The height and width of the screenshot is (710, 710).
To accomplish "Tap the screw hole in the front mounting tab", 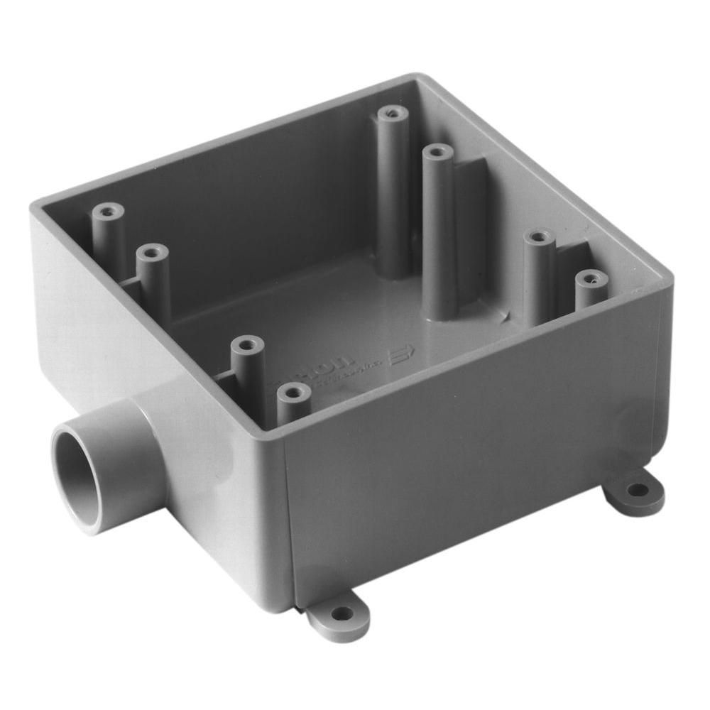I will (x=342, y=613).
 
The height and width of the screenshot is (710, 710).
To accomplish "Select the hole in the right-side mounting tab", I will (x=638, y=489).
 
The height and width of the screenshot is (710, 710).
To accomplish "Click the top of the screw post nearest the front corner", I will (x=294, y=392).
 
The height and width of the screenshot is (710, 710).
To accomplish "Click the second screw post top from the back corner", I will (x=437, y=151).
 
